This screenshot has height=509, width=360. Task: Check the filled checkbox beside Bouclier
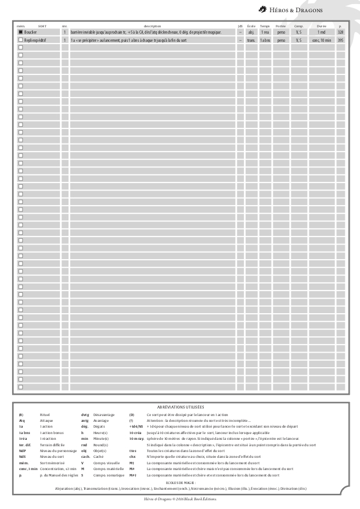[x=20, y=33]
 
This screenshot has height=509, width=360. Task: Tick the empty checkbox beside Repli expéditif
[x=20, y=41]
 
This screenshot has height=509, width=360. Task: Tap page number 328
[x=340, y=33]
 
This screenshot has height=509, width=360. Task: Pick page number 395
[x=340, y=41]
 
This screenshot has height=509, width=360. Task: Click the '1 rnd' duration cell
[x=321, y=33]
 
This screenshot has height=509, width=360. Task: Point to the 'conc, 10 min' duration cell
[x=321, y=41]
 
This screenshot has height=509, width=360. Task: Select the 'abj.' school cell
[x=251, y=33]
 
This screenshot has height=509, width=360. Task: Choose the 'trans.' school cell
[x=251, y=41]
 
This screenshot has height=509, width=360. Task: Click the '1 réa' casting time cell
[x=265, y=33]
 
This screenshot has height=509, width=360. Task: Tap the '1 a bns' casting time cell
[x=265, y=41]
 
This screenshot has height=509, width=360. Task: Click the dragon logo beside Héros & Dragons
[x=263, y=9]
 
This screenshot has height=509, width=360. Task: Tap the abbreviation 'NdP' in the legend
[x=21, y=451]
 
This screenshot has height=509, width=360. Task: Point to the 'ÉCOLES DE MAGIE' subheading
[x=180, y=482]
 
